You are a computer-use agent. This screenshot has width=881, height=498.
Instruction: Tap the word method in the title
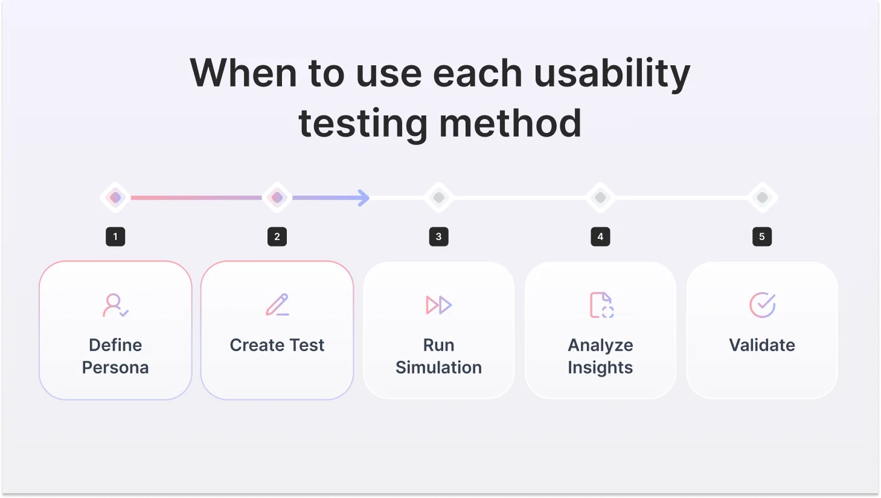(510, 123)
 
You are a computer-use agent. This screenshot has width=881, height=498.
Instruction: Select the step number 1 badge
(115, 236)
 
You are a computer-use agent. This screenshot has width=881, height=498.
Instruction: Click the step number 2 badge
(277, 236)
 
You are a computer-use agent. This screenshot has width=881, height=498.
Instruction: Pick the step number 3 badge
(439, 236)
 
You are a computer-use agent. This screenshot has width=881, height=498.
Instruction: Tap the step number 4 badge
(600, 236)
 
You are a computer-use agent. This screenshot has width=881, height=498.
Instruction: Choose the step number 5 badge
(762, 236)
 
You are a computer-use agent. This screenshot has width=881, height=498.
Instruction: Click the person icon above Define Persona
(115, 305)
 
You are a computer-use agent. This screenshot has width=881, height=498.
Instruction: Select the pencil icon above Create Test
(277, 305)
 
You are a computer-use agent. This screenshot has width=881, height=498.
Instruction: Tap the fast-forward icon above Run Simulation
(439, 305)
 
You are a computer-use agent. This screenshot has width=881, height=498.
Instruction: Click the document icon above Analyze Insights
(601, 305)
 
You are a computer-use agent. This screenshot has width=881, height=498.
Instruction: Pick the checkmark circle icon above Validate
(762, 305)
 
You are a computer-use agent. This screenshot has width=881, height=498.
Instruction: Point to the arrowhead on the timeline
(364, 198)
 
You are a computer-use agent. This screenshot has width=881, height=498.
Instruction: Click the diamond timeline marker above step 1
(115, 198)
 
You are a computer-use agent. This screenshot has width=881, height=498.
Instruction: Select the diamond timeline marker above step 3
(439, 198)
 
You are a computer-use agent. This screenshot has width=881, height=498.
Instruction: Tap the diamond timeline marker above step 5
(762, 198)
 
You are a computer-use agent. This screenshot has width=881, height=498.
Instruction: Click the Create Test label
(277, 345)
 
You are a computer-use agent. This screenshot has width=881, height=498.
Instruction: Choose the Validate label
(762, 345)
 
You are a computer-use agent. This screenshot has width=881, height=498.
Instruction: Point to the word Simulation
(439, 367)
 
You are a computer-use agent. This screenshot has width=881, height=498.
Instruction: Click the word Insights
(600, 367)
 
